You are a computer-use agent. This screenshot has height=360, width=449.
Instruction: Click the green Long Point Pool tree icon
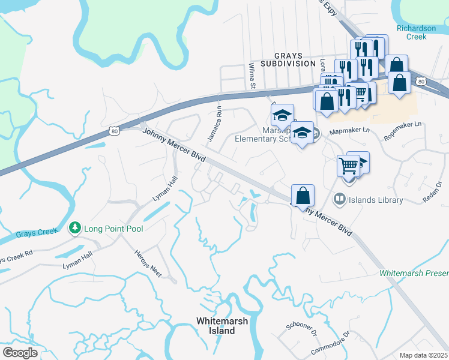(x=75, y=228)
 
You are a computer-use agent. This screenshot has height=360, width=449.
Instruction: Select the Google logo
(x=19, y=353)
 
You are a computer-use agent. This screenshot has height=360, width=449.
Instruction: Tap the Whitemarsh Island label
(x=222, y=326)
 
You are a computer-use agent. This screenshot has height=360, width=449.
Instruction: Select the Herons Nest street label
(x=148, y=263)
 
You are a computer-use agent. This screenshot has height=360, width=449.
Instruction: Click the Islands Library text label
(x=376, y=200)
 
